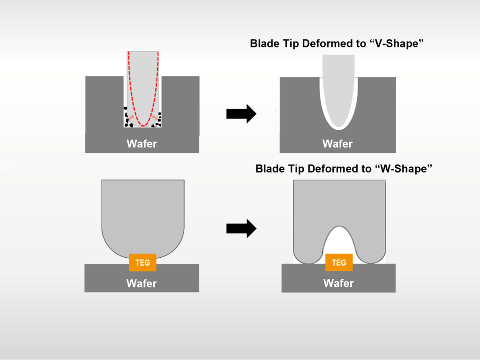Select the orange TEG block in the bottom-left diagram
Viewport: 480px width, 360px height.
142,262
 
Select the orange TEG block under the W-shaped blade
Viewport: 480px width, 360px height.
339,262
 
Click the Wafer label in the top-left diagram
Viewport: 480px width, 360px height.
142,143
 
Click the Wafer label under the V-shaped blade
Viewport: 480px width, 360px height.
337,143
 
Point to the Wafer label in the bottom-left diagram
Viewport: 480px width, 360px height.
142,283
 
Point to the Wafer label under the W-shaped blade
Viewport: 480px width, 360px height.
338,283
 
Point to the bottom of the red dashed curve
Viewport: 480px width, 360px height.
143,125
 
